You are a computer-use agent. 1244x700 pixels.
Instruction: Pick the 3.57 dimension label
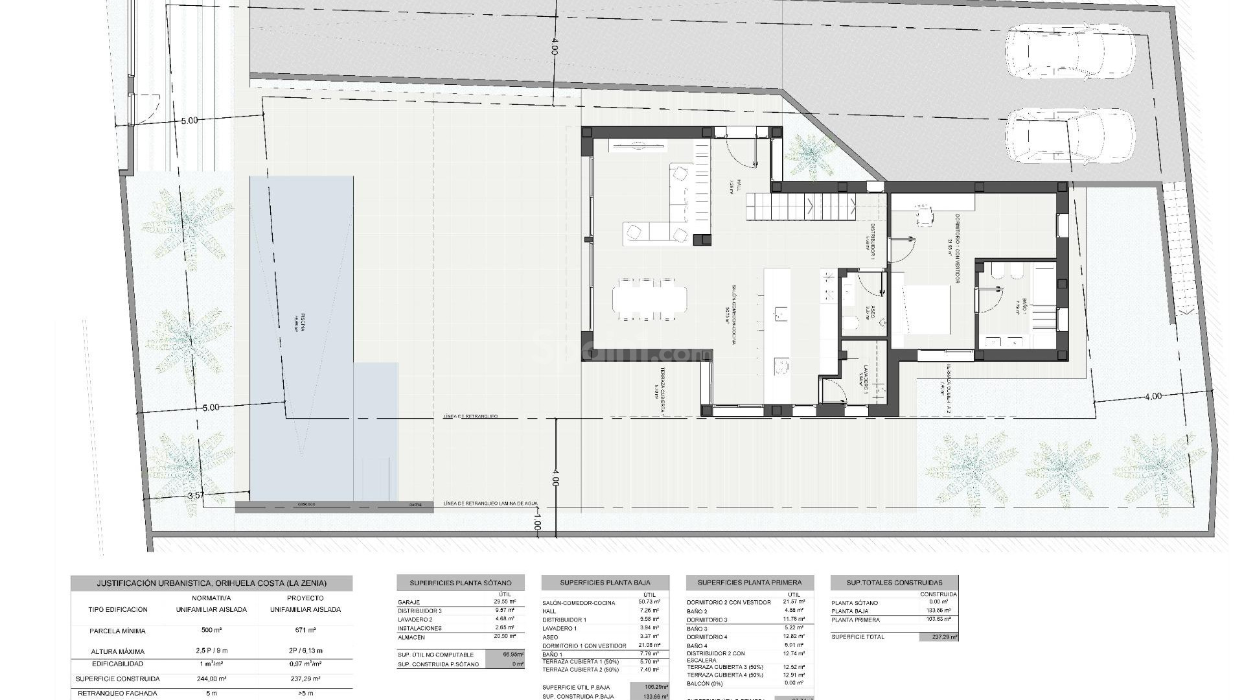tap(195, 495)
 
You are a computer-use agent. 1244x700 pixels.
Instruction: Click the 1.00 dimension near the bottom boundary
tap(536, 522)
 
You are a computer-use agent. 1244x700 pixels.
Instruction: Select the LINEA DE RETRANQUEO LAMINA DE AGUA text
tap(490, 504)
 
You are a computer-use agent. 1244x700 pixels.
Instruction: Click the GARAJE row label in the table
tap(409, 602)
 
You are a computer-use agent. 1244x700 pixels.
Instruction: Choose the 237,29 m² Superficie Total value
tap(938, 637)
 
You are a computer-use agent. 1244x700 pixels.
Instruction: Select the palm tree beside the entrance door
tap(809, 156)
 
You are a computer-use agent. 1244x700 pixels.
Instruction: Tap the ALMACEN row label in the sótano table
tap(411, 637)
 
